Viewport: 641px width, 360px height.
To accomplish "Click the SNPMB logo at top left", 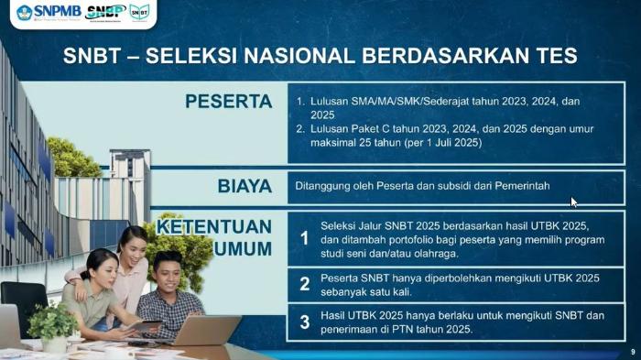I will (49, 12).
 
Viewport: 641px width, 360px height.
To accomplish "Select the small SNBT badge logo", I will (139, 12).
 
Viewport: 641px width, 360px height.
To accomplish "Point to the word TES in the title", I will (552, 56).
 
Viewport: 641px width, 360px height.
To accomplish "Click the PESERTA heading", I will (228, 102).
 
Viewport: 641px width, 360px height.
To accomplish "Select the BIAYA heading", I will (244, 186).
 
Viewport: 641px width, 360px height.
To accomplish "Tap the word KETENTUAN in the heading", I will (214, 226).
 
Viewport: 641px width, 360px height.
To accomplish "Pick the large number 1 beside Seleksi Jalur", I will (305, 239).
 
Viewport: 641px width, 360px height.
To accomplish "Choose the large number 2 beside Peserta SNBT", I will (305, 284).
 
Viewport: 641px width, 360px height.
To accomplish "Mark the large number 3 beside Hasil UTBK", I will (305, 322).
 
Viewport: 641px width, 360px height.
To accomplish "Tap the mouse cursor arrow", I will (574, 202).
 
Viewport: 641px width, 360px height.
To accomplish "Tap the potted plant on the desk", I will (52, 322).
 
